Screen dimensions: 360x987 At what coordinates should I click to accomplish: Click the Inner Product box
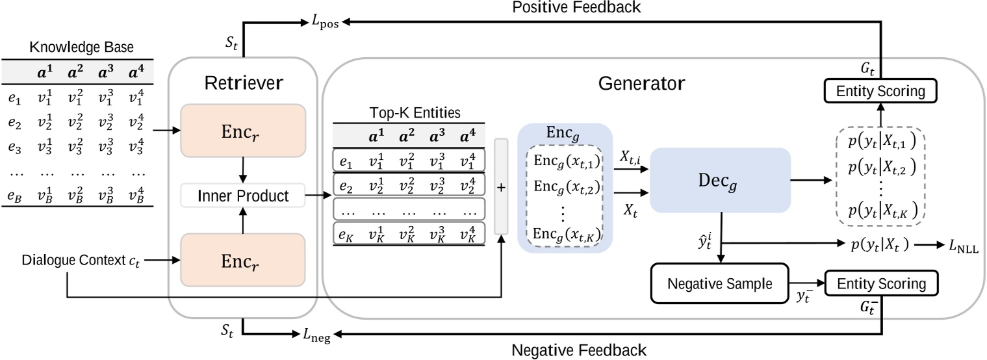pos(243,194)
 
